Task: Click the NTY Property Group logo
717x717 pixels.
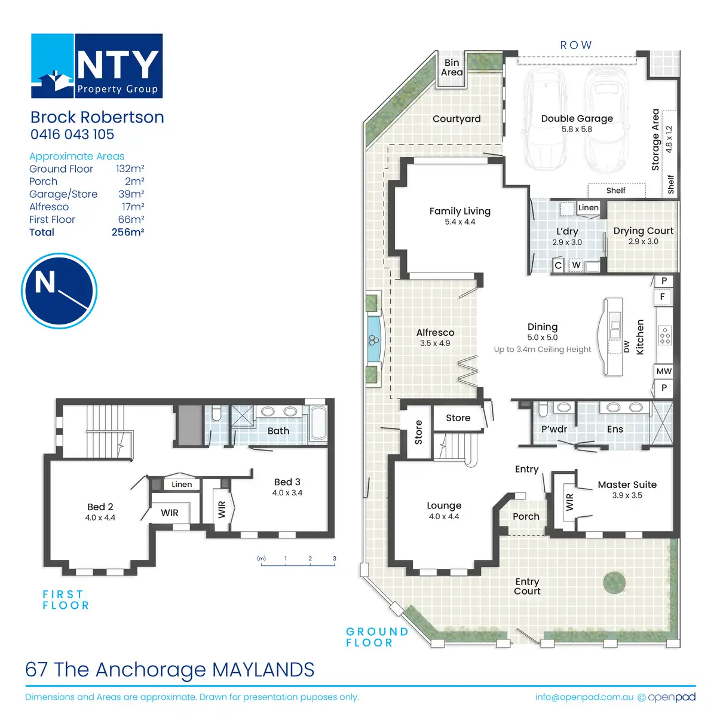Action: coord(97,66)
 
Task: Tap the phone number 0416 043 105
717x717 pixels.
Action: coord(72,135)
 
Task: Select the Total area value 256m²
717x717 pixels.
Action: coord(128,232)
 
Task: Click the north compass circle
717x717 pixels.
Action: coord(59,291)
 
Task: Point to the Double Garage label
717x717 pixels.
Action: coord(577,119)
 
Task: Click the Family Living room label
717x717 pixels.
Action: coord(459,211)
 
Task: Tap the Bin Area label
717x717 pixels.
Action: coord(452,68)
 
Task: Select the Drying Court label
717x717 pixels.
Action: coord(643,231)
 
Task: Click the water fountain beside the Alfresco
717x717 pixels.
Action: coord(374,340)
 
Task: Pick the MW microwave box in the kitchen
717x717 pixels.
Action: coord(664,371)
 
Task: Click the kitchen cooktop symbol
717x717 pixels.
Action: coord(665,336)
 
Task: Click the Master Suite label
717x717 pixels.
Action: coord(627,485)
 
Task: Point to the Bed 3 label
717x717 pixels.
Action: coord(287,482)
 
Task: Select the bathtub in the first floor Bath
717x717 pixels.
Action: coord(318,423)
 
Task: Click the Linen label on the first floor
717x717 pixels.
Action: coord(182,485)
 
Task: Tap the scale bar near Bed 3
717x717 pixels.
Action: coord(298,562)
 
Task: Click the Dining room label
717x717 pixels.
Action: coord(542,327)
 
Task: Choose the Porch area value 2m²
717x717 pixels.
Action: coord(134,182)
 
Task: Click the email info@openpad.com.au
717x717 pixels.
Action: coord(584,697)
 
